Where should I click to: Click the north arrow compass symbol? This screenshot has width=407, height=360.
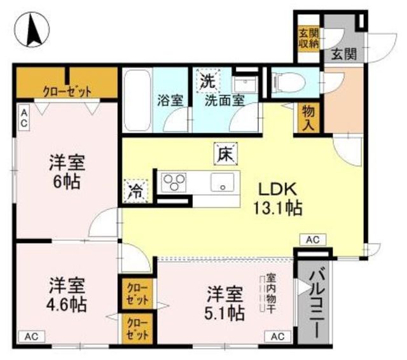coord(32,30)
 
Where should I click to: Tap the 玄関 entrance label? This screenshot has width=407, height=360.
coord(344,55)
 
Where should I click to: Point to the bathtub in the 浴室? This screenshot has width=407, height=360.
coord(137,100)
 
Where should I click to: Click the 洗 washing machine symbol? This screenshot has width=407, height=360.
coord(208,81)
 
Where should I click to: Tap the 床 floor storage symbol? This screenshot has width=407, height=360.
coord(225,154)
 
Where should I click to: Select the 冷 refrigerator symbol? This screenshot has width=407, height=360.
coord(135,191)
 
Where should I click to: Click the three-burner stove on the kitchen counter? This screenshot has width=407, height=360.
coord(173,183)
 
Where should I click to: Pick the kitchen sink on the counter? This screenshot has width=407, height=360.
coord(222,183)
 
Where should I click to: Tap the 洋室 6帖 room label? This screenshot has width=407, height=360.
coord(67,172)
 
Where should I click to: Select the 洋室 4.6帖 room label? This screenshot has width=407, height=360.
coord(66,294)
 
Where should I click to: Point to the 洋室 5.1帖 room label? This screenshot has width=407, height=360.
coord(224,303)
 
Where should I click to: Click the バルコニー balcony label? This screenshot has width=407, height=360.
coord(314,304)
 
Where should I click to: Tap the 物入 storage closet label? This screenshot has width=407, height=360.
coord(308,118)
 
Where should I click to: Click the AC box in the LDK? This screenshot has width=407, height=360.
coord(313,240)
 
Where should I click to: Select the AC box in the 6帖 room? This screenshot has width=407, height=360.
coord(24,118)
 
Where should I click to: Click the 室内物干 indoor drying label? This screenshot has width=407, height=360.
coord(271,293)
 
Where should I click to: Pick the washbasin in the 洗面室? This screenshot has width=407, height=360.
coord(245,84)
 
